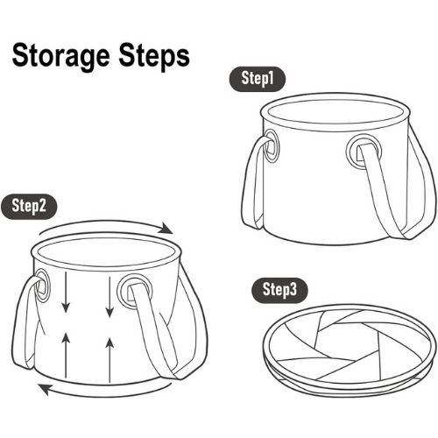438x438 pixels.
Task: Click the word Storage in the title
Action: (x=60, y=57)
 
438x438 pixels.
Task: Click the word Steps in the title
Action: (x=154, y=56)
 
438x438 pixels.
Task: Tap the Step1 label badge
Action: (x=258, y=79)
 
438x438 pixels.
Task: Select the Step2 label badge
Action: (x=29, y=206)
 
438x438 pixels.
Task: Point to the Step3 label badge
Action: (x=279, y=290)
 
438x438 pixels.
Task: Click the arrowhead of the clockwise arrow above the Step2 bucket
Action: (x=166, y=229)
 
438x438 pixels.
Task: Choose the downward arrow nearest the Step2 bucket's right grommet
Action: (x=109, y=296)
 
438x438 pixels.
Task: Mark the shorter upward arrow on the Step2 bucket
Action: (x=67, y=355)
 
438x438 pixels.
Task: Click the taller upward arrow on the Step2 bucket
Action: (x=109, y=360)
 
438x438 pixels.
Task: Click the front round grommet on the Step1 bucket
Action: (x=364, y=152)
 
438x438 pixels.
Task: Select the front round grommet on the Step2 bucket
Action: (x=134, y=291)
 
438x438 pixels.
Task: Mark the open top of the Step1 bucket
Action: (x=336, y=112)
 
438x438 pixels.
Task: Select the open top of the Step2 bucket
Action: (x=106, y=251)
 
